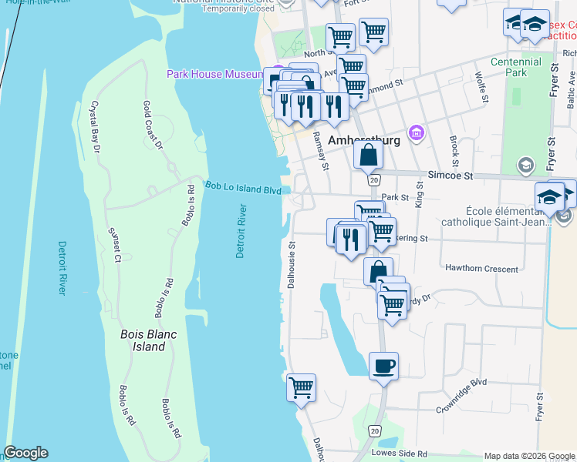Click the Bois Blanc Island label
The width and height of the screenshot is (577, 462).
tap(143, 340)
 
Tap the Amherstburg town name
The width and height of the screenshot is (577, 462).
tap(363, 141)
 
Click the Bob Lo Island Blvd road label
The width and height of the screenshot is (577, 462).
tap(243, 188)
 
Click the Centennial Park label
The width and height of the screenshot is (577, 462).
tap(515, 67)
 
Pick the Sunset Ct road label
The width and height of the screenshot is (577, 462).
tap(115, 245)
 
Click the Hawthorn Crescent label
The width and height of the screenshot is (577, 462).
tap(481, 268)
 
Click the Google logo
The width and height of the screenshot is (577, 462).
tap(25, 453)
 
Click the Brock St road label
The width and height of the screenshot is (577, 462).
tap(454, 147)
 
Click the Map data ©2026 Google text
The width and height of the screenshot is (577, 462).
tap(528, 456)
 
